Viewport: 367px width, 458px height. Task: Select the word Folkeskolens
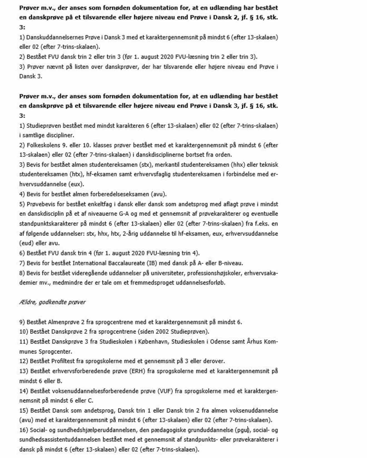pos(43,145)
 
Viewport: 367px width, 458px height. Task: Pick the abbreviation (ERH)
pos(137,371)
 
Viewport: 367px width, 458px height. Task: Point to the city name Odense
pos(220,342)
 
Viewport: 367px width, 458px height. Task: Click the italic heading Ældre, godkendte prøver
pos(52,302)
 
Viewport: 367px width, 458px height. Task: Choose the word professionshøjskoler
pos(214,273)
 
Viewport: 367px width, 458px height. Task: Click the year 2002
pos(162,332)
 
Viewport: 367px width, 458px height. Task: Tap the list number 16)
pos(24,430)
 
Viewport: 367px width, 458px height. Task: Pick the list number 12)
pos(24,361)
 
